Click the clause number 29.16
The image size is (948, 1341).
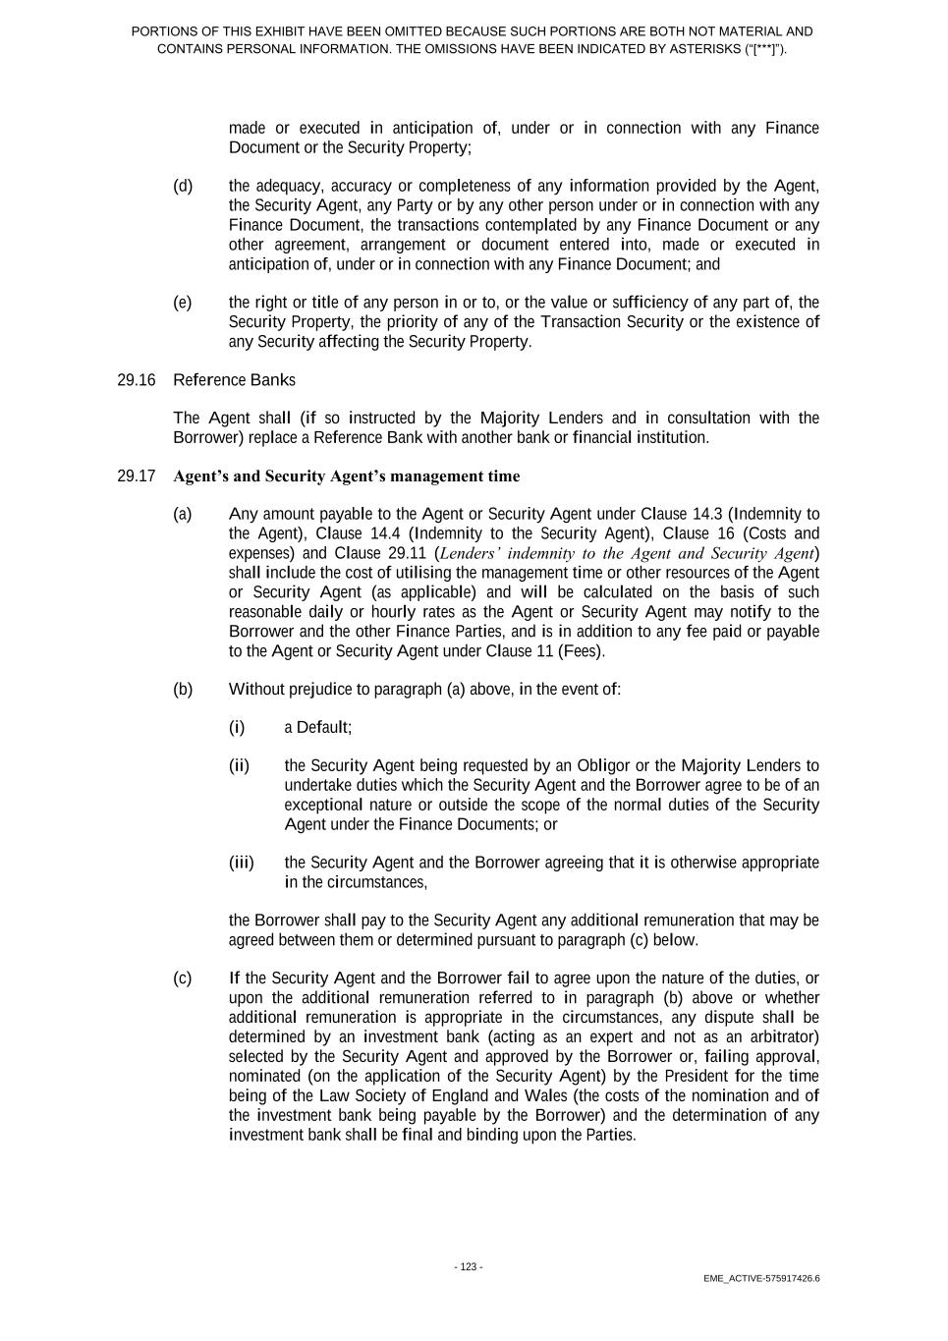136,380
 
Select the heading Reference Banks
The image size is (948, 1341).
234,380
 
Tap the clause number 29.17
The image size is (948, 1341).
136,476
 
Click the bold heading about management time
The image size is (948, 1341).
346,476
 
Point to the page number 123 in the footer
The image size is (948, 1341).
468,1267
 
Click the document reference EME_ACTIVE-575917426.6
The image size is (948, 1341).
761,1278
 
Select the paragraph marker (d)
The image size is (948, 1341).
183,186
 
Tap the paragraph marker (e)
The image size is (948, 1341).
183,303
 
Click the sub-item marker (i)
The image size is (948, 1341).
237,728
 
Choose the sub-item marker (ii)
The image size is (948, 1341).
239,766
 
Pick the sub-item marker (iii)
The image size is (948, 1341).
241,864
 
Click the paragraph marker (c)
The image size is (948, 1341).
183,978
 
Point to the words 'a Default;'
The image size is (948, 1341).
317,728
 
